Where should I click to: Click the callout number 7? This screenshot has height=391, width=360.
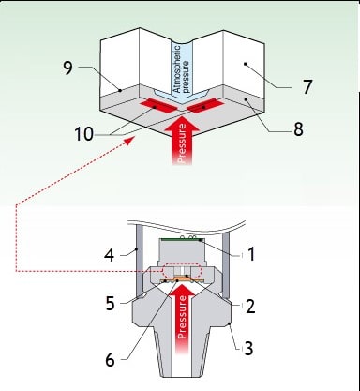click(x=307, y=86)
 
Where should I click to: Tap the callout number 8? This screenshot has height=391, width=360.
click(x=298, y=128)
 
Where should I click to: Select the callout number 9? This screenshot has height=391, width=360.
click(x=68, y=68)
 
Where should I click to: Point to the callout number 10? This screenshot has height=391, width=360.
click(x=83, y=134)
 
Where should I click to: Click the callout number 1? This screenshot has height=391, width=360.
click(x=251, y=254)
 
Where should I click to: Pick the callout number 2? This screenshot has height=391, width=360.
click(x=250, y=307)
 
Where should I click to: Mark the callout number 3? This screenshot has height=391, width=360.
click(x=248, y=348)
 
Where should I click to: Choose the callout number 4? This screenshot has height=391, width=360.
click(x=110, y=255)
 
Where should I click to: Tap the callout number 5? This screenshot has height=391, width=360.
click(x=110, y=303)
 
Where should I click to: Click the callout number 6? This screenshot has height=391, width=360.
click(x=110, y=360)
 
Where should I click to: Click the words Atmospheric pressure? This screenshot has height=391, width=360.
click(x=181, y=69)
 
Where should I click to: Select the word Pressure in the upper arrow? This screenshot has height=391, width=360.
click(x=182, y=143)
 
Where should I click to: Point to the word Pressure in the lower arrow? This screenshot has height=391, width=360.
click(x=182, y=317)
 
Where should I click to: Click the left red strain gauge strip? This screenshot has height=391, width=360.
click(x=158, y=106)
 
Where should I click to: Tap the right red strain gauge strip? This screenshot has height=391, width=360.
click(x=205, y=105)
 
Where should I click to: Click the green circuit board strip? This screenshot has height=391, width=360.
click(x=183, y=240)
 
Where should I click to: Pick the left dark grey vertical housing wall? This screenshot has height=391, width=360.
click(x=140, y=263)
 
